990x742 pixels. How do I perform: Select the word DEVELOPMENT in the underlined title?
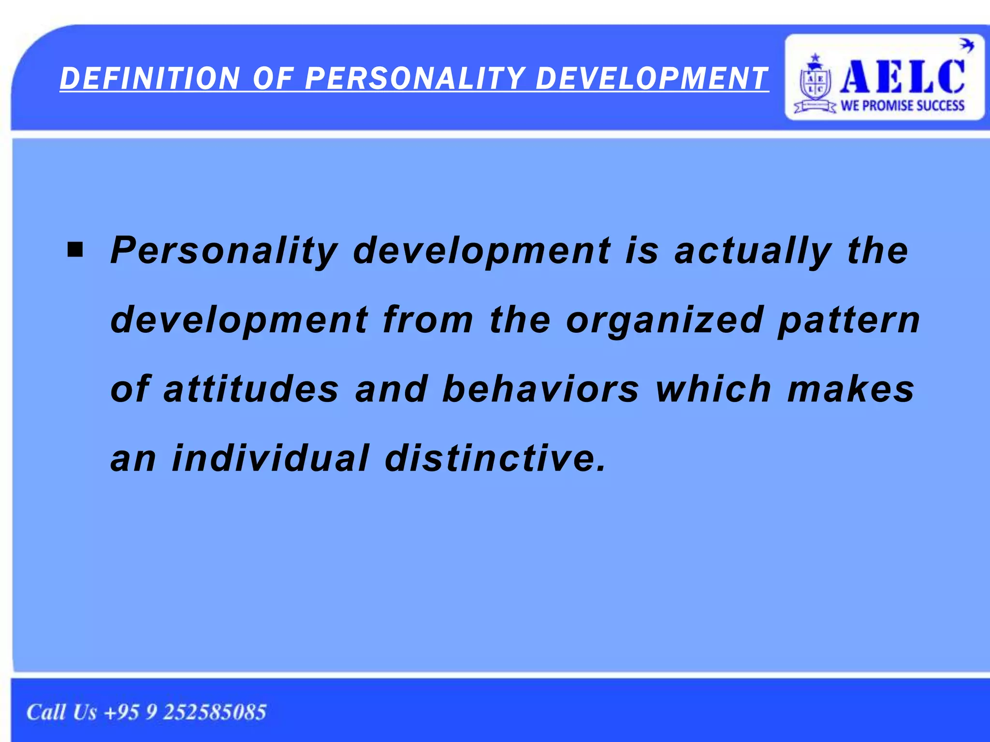[x=652, y=79]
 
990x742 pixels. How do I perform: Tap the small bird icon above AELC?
[x=966, y=46]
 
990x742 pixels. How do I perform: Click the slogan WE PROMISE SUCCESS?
[x=903, y=105]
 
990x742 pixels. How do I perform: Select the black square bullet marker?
[x=75, y=250]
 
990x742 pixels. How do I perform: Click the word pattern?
[x=849, y=320]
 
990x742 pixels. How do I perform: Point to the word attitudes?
[x=251, y=389]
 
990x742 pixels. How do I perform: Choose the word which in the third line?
[x=713, y=389]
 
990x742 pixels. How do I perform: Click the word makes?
[x=851, y=389]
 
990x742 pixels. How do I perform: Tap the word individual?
[x=271, y=458]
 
